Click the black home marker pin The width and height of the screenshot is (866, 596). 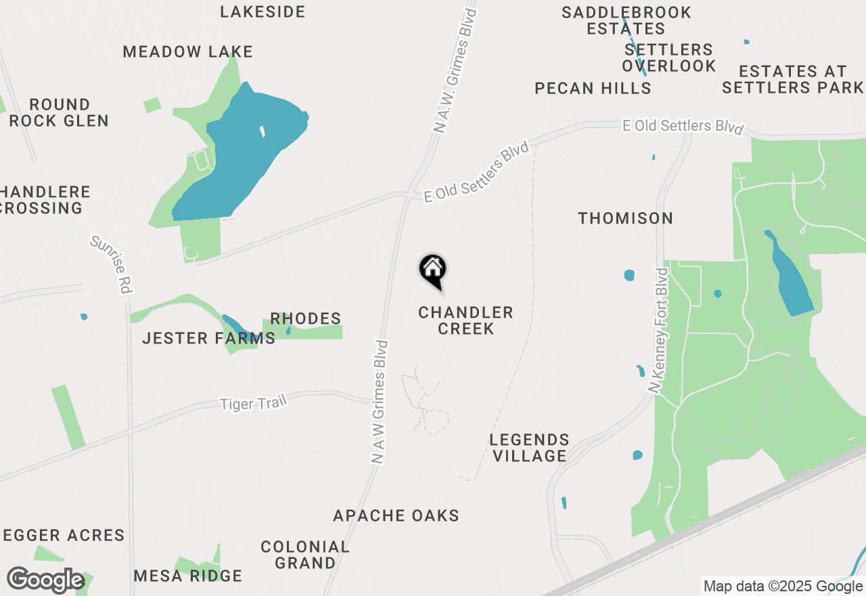pos(432,271)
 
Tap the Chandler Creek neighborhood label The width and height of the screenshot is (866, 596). pos(465,320)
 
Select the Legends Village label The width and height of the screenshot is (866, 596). pos(530,448)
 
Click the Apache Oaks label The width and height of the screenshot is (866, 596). pos(396,515)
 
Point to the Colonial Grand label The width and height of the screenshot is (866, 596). pos(305,554)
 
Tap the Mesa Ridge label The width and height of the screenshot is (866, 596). pos(187,576)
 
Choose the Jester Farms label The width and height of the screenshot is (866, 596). pos(208,338)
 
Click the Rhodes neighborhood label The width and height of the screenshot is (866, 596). pos(305,318)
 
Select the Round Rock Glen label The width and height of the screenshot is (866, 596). pos(60,112)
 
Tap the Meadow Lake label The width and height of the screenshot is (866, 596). pos(187,51)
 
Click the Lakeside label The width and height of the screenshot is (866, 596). pos(263,12)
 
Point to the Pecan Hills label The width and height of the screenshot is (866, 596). pos(593,88)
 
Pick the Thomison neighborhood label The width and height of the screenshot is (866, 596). pos(626,218)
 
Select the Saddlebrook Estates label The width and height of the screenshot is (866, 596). pos(626,20)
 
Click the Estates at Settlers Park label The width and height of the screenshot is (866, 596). pos(792,79)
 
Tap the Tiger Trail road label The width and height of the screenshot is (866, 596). pos(254,403)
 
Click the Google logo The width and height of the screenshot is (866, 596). pos(45,580)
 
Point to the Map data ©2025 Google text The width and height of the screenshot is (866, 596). pos(783,587)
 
